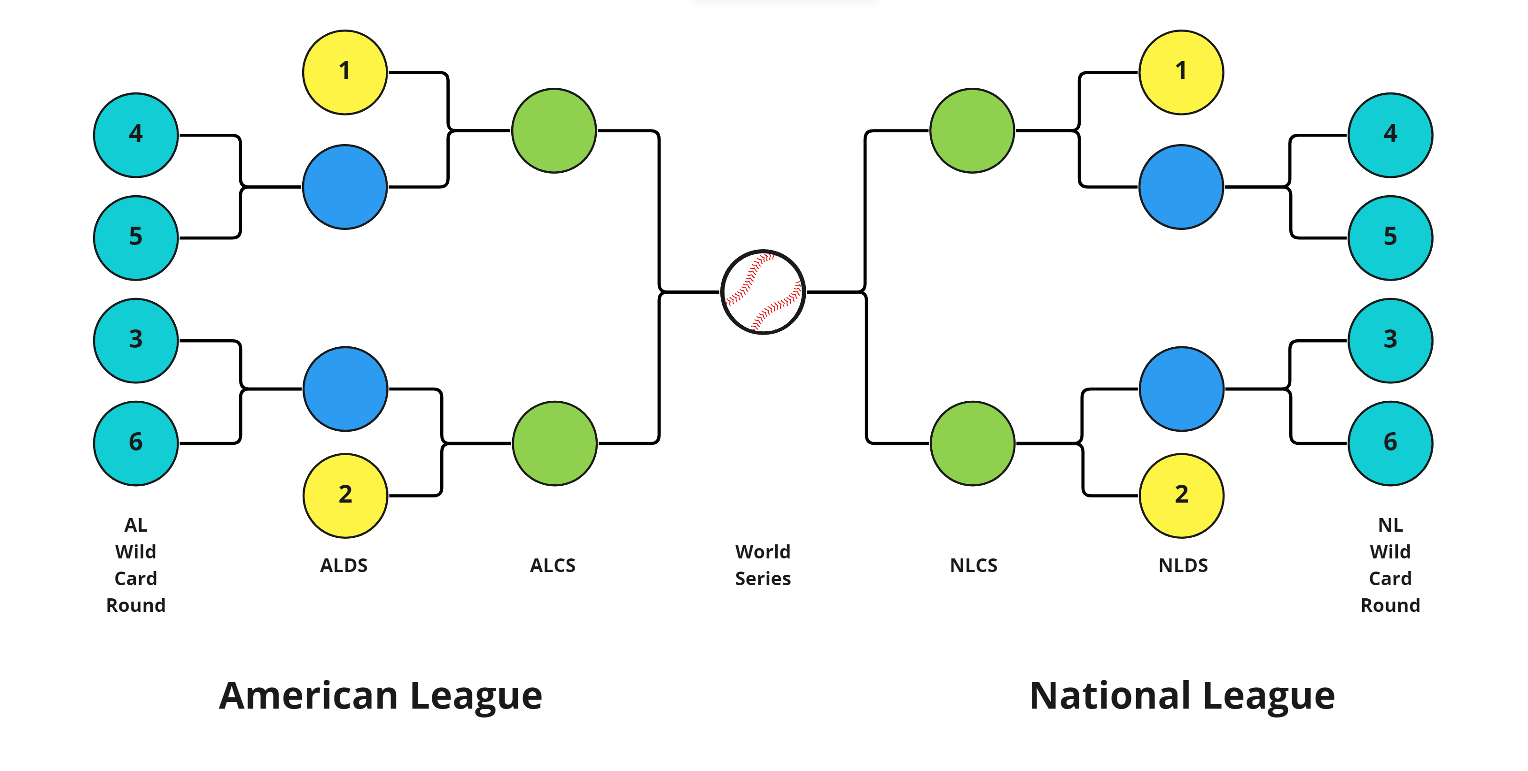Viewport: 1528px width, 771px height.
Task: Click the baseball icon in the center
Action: (x=763, y=291)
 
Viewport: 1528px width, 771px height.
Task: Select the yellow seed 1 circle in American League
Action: (x=344, y=72)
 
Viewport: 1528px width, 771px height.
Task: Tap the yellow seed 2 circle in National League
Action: (x=1181, y=496)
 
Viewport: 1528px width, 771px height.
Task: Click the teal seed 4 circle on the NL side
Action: (x=1390, y=135)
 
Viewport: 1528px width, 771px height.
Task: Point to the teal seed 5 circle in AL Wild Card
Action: (x=136, y=237)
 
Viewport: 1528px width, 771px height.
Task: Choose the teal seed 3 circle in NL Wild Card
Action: (x=1390, y=341)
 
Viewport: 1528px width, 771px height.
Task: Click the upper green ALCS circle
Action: (x=554, y=130)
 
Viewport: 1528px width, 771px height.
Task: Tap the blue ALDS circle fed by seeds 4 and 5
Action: (x=344, y=187)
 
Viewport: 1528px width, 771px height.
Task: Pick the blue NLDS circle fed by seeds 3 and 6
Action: (x=1181, y=389)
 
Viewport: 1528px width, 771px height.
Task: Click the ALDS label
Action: (x=344, y=565)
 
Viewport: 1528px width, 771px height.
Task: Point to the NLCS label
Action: (x=974, y=565)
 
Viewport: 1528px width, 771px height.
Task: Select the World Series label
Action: (x=763, y=565)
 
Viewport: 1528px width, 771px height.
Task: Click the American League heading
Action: (x=380, y=696)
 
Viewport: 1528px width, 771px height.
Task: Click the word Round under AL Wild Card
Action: (x=136, y=605)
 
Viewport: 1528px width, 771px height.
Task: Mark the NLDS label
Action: (x=1183, y=565)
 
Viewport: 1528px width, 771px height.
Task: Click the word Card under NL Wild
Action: (x=1390, y=579)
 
